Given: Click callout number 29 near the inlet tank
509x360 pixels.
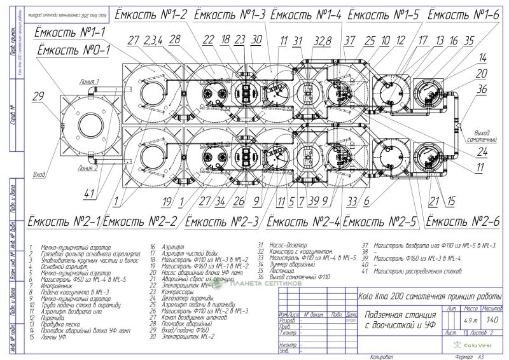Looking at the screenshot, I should [x=38, y=96].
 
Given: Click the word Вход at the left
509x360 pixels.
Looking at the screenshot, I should [x=40, y=172].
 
